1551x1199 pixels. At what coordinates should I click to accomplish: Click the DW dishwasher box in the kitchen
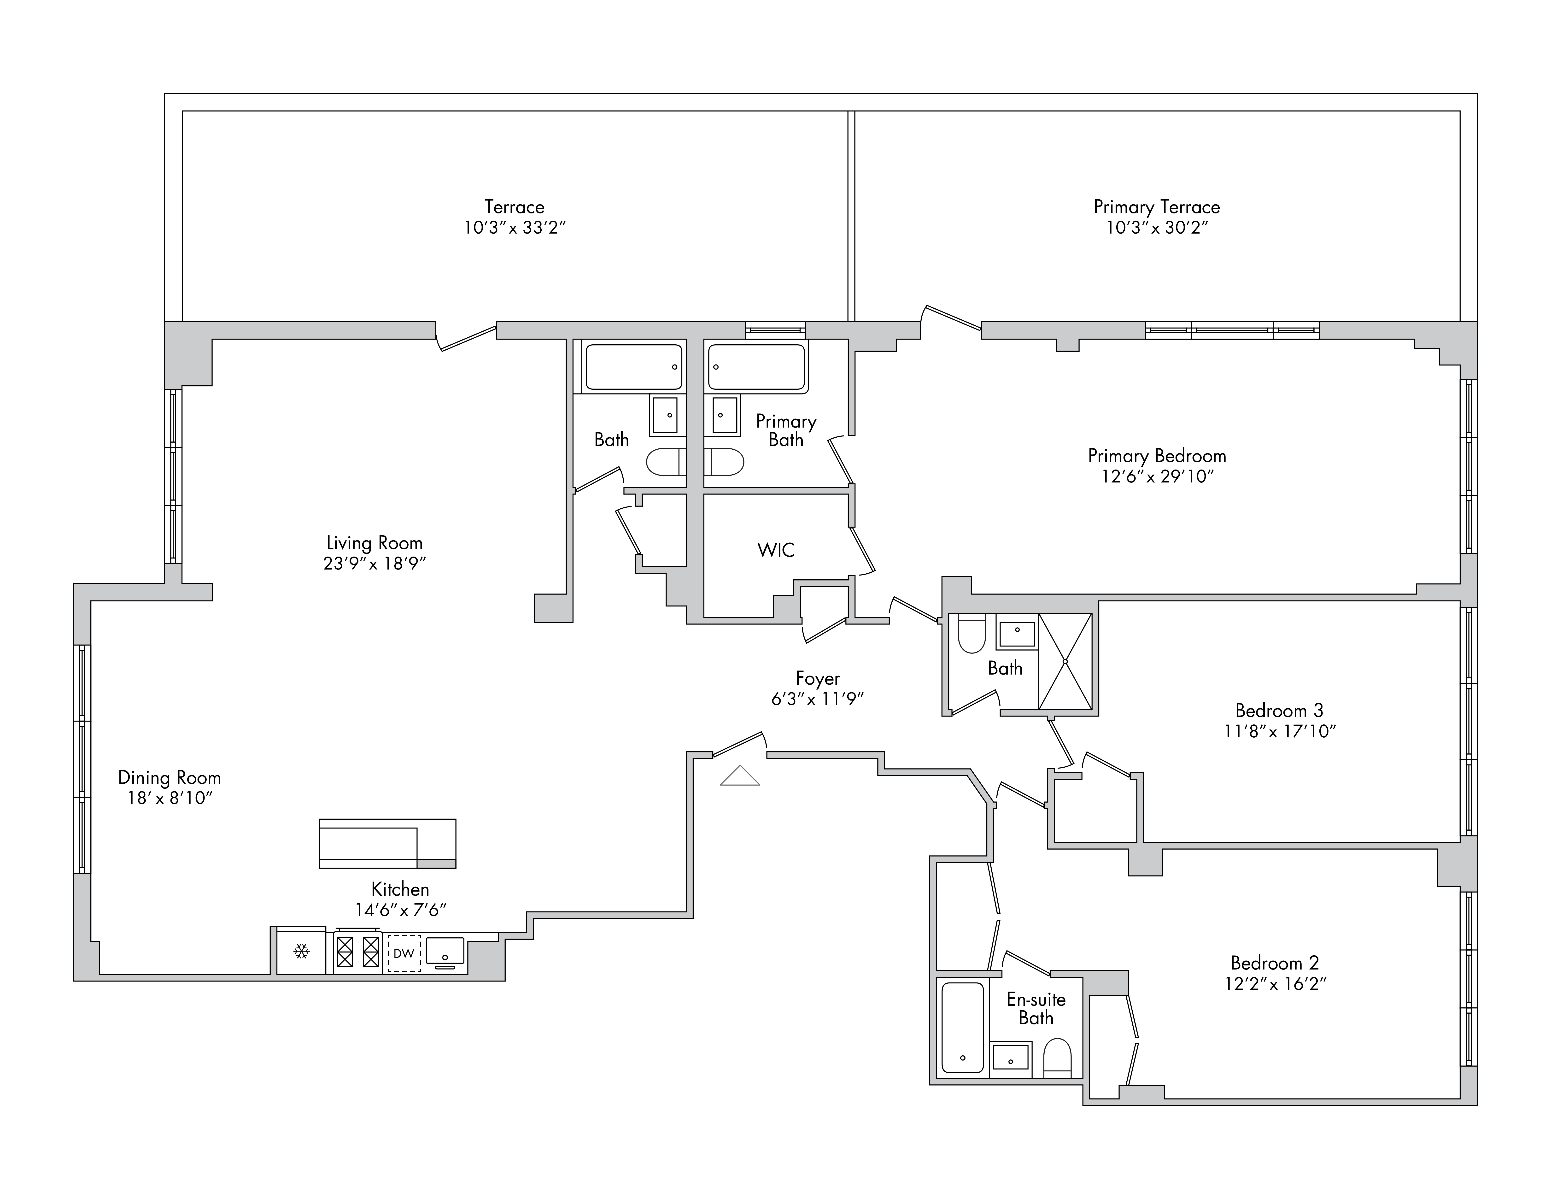pyautogui.click(x=404, y=953)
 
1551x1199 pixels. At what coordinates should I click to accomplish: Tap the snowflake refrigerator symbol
pyautogui.click(x=302, y=951)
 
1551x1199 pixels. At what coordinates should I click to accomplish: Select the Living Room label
pyautogui.click(x=374, y=543)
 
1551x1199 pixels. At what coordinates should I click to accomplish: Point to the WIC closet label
pyautogui.click(x=775, y=550)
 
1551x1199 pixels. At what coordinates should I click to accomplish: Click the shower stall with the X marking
pyautogui.click(x=1065, y=661)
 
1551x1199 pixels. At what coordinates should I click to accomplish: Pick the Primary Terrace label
pyautogui.click(x=1157, y=207)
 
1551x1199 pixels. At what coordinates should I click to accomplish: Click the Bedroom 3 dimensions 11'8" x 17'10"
pyautogui.click(x=1280, y=731)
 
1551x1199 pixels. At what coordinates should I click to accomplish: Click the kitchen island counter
pyautogui.click(x=388, y=844)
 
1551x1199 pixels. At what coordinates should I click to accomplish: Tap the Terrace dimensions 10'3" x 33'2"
pyautogui.click(x=515, y=227)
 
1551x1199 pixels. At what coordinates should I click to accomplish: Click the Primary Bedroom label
pyautogui.click(x=1157, y=455)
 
